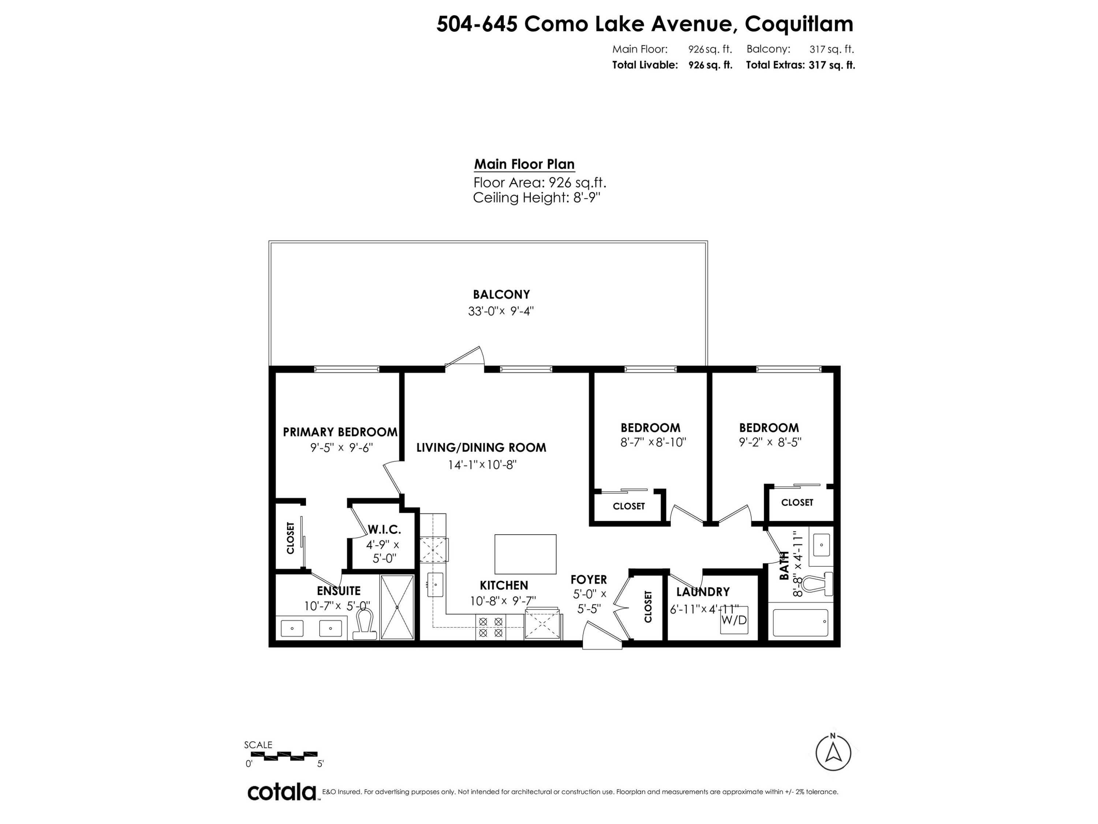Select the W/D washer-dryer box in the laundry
(x=734, y=620)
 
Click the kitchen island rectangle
(x=526, y=554)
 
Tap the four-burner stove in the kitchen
(x=490, y=627)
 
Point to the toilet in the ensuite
(x=365, y=624)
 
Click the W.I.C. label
(x=384, y=530)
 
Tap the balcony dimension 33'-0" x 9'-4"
(x=501, y=311)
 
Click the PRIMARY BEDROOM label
(x=340, y=432)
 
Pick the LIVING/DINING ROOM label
(x=481, y=448)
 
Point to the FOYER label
(x=589, y=580)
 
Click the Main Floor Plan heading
(x=524, y=164)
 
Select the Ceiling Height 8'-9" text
(x=537, y=198)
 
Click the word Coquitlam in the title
(x=799, y=24)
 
